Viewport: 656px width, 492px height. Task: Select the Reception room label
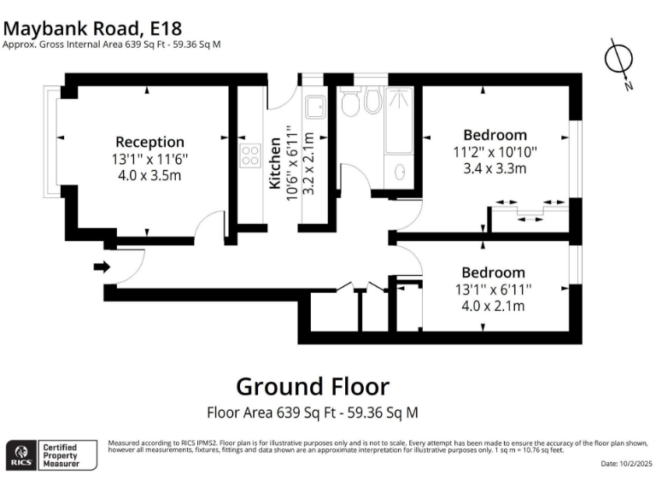pos(149,142)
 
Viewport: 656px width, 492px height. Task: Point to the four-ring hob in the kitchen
pos(250,156)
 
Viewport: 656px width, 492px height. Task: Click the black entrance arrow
pos(102,267)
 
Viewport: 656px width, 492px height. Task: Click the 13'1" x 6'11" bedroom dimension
pos(495,290)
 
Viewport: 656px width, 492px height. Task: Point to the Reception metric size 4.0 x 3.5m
pos(149,175)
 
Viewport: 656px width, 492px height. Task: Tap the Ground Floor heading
pos(312,386)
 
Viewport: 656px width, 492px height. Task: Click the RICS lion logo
pos(22,454)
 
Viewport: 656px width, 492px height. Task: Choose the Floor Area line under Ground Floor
pos(313,413)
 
